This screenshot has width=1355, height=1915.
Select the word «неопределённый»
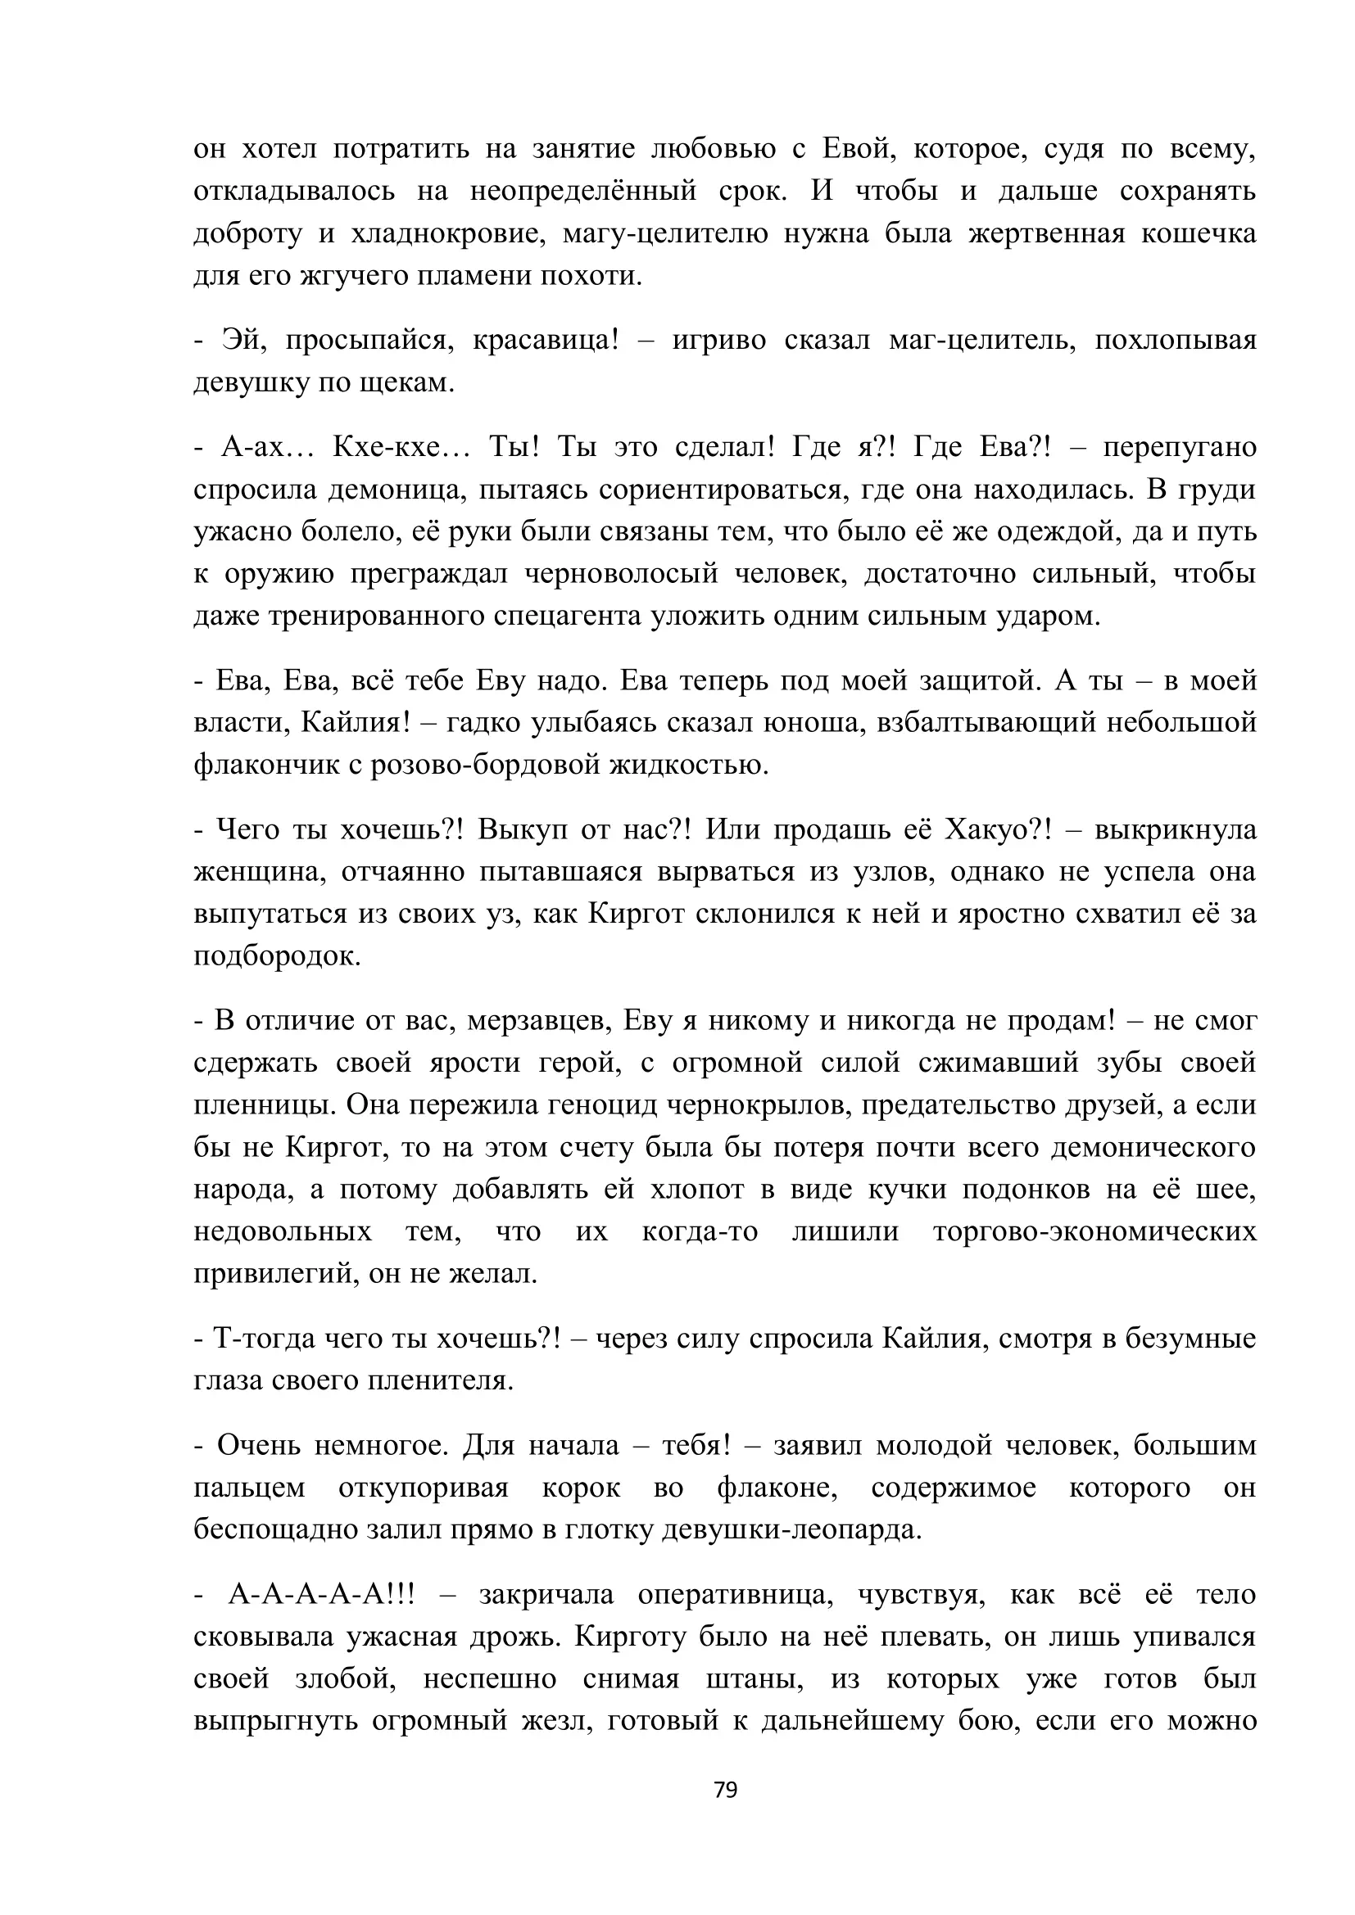tap(583, 191)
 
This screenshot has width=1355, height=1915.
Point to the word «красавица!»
tap(546, 341)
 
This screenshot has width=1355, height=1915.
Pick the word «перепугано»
tap(1180, 447)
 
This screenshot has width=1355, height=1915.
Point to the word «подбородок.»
tap(277, 955)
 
